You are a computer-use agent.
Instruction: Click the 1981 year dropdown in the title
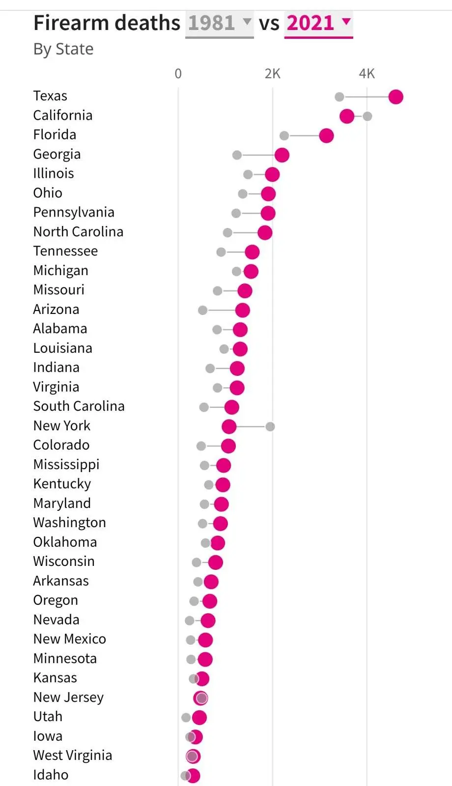point(219,23)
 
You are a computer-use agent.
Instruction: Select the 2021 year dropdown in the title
point(318,23)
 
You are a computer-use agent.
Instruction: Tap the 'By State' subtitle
point(63,49)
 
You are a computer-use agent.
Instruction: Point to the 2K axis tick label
point(272,74)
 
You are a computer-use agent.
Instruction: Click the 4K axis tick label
point(367,74)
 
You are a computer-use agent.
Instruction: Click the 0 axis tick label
point(178,74)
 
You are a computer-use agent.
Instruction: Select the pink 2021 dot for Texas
point(395,97)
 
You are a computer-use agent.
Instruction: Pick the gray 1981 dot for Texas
point(339,97)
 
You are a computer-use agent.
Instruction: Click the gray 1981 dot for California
point(367,116)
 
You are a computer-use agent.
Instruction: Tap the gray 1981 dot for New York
point(270,426)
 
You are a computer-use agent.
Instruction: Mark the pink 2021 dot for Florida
point(326,136)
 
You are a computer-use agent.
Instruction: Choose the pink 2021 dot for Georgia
point(282,155)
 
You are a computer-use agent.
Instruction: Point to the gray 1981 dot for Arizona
point(202,310)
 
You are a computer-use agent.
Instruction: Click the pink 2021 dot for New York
point(229,426)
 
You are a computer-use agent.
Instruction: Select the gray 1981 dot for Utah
point(186,718)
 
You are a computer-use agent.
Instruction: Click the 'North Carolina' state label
point(78,232)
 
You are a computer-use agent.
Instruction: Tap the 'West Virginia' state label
point(72,756)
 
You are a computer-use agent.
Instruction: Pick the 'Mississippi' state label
point(66,465)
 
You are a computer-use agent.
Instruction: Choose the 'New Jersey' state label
point(68,698)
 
